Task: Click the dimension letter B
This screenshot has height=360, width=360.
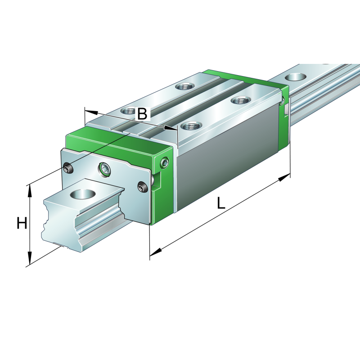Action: point(142,114)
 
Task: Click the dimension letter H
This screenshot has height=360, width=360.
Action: point(22,223)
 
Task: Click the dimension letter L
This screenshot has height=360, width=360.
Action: point(220,204)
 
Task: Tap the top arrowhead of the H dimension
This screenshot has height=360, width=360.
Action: point(30,189)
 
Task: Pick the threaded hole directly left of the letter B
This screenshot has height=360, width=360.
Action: point(128,110)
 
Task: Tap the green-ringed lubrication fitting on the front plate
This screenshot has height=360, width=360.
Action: point(104,169)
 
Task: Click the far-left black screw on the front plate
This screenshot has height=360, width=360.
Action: point(68,168)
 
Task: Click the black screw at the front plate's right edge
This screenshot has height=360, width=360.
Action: point(143,188)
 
